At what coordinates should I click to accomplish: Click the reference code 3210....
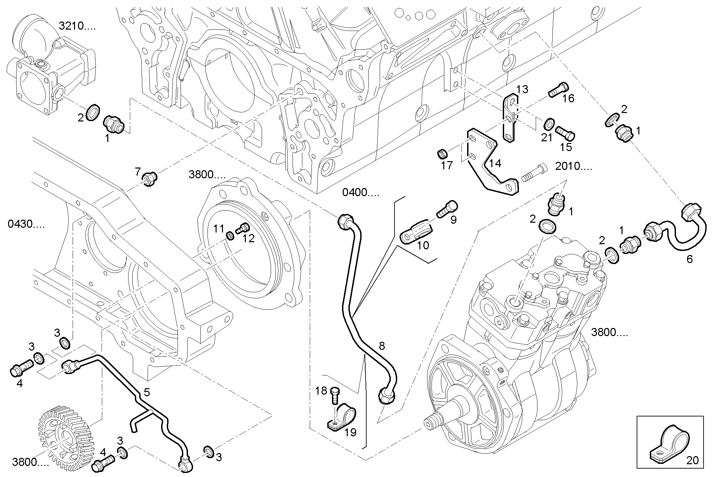(77, 26)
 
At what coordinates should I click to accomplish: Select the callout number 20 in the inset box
(692, 460)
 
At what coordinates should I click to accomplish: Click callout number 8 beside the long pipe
(381, 346)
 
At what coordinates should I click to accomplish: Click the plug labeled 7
(149, 178)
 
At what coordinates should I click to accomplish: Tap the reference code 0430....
(26, 224)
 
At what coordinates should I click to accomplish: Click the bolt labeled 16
(558, 89)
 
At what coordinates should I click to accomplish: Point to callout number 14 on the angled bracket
(495, 163)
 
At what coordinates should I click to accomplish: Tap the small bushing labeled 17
(442, 155)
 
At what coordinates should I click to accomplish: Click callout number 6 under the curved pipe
(689, 259)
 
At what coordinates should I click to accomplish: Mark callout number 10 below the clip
(423, 245)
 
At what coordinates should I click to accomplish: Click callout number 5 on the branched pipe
(147, 392)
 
